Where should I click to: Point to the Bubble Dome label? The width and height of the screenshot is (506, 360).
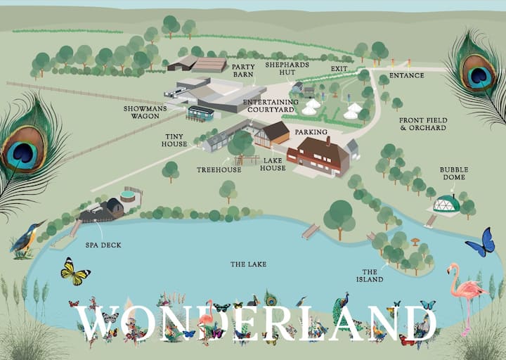454,174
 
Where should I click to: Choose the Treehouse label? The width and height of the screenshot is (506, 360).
219,169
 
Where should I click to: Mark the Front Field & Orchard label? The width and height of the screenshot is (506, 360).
423,124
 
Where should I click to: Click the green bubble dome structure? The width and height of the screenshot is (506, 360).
446,205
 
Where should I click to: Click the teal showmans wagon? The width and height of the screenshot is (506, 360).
200,112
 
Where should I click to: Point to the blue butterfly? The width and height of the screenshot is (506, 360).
480,243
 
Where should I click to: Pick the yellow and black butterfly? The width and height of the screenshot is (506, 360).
75,271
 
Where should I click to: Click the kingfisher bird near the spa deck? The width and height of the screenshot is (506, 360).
27,238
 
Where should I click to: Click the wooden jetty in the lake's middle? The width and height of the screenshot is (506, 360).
310,231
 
